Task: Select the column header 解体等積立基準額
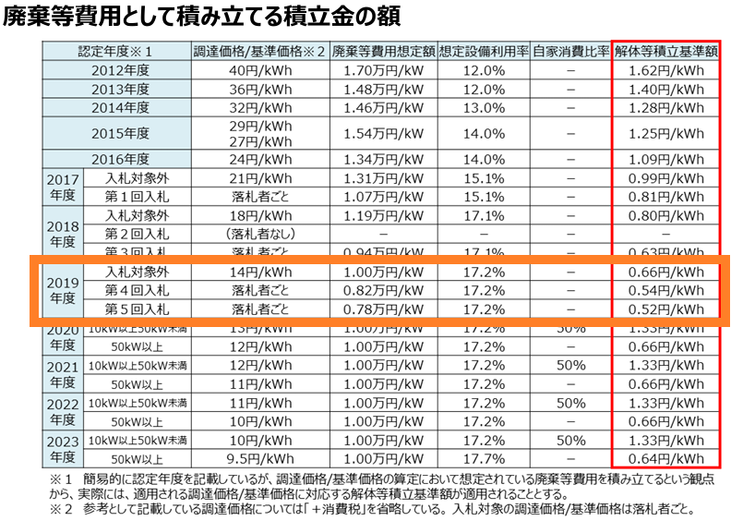666,52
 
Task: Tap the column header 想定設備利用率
483,52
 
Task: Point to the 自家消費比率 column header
570,52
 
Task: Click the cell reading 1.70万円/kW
381,70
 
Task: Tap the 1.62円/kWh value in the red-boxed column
666,70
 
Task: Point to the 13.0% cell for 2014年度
483,106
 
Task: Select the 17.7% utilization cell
483,456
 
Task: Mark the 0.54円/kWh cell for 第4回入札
666,290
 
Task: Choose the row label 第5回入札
137,308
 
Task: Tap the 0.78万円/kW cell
381,308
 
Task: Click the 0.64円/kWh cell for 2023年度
666,456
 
